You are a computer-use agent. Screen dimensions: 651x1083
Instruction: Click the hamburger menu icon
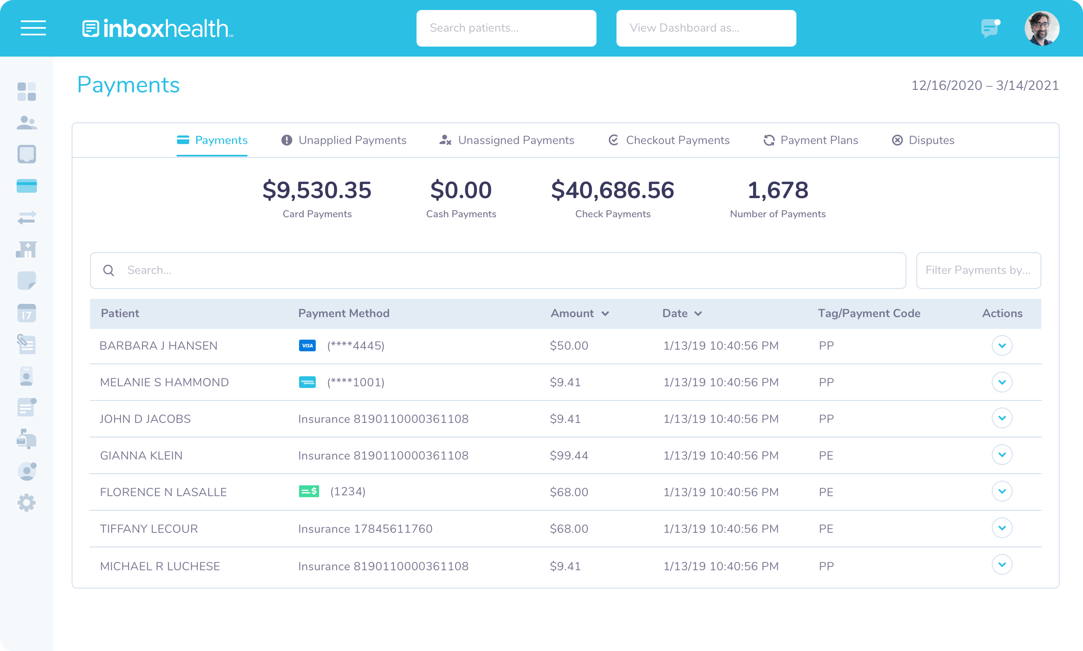pyautogui.click(x=33, y=27)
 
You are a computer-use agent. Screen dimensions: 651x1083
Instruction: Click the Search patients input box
pyautogui.click(x=506, y=28)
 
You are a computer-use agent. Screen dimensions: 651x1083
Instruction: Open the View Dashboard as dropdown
pyautogui.click(x=706, y=28)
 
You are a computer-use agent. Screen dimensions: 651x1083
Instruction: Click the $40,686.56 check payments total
pyautogui.click(x=612, y=190)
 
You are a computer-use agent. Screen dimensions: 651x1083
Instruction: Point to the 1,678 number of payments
pyautogui.click(x=777, y=190)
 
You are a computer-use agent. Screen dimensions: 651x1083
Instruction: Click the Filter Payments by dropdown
pyautogui.click(x=978, y=270)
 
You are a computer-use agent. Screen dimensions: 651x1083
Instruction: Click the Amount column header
pyautogui.click(x=572, y=313)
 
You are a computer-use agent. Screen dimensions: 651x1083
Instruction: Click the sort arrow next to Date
pyautogui.click(x=698, y=313)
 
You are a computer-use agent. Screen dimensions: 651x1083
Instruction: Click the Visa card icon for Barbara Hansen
pyautogui.click(x=307, y=345)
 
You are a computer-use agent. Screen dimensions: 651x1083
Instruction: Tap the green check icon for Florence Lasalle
pyautogui.click(x=309, y=491)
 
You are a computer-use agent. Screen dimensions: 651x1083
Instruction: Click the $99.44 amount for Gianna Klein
pyautogui.click(x=569, y=455)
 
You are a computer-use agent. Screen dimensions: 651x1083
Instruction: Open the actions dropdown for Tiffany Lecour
pyautogui.click(x=1002, y=528)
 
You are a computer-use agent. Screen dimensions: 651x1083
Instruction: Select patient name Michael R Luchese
pyautogui.click(x=160, y=566)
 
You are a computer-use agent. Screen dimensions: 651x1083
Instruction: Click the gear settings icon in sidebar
pyautogui.click(x=26, y=503)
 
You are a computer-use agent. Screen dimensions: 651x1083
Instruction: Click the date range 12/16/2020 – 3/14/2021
pyautogui.click(x=985, y=85)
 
